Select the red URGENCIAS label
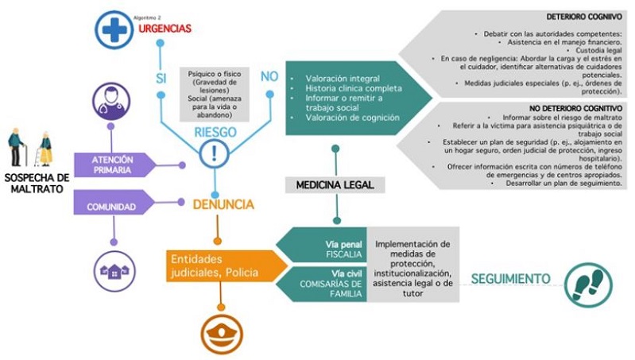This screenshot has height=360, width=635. pos(165,28)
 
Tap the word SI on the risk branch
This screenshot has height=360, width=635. pos(161,77)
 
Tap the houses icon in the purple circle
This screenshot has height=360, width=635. pos(113,271)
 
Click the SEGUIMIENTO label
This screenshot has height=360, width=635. pos(510,279)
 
